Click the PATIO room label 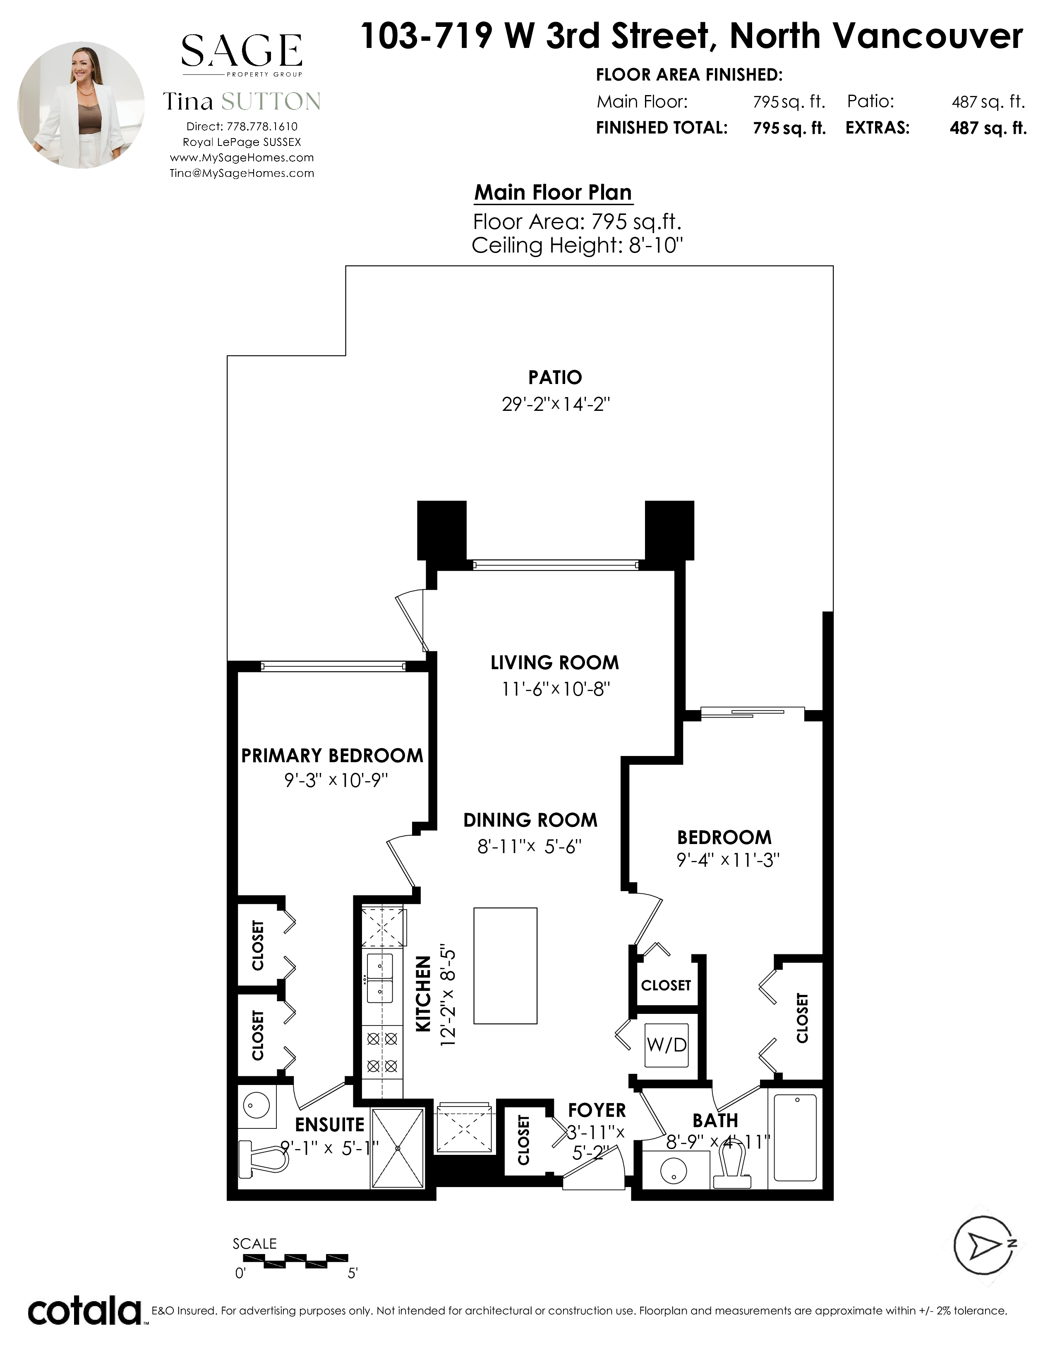pyautogui.click(x=555, y=377)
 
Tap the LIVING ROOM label pyautogui.click(x=554, y=662)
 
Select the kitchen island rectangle pyautogui.click(x=505, y=966)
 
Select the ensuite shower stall pyautogui.click(x=398, y=1148)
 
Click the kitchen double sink pyautogui.click(x=380, y=978)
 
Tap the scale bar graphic pyautogui.click(x=295, y=1260)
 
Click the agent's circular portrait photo pyautogui.click(x=81, y=105)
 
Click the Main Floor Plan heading pyautogui.click(x=553, y=192)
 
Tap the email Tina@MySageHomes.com pyautogui.click(x=242, y=174)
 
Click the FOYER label pyautogui.click(x=597, y=1110)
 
